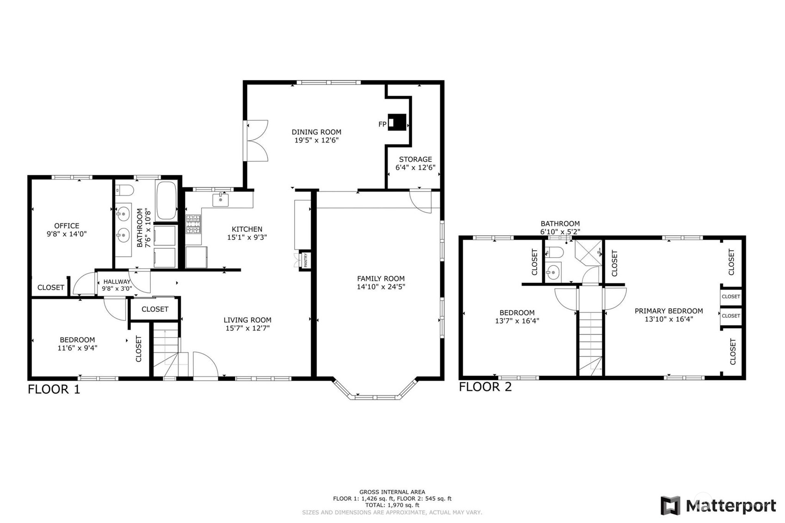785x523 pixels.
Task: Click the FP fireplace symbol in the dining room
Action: (396, 123)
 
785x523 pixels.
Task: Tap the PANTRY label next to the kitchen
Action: (306, 260)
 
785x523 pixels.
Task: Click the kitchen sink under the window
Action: (221, 200)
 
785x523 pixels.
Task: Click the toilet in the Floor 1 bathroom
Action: (124, 190)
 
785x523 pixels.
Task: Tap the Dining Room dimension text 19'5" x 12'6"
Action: (316, 140)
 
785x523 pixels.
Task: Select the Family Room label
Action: (381, 278)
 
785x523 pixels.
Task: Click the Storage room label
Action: (415, 159)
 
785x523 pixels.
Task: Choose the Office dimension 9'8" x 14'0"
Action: (67, 234)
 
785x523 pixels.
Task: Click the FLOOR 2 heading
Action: (485, 387)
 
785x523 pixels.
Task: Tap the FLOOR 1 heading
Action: (54, 389)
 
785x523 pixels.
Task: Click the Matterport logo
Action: (718, 505)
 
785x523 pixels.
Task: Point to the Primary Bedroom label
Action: (668, 311)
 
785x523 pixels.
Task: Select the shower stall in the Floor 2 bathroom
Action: (588, 252)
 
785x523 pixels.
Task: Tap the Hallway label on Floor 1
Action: (117, 282)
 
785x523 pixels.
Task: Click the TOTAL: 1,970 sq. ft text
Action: (392, 505)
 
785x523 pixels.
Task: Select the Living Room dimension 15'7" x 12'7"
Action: (247, 328)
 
